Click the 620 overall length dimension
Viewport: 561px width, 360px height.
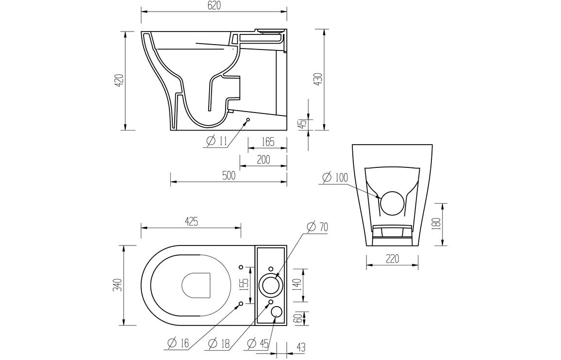(x=214, y=6)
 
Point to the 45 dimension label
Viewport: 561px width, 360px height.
(x=301, y=124)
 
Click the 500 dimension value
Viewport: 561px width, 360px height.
(x=228, y=176)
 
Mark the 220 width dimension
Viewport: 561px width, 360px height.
(x=392, y=259)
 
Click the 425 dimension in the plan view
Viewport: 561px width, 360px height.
(x=191, y=222)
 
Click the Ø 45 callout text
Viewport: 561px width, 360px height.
(x=258, y=344)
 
